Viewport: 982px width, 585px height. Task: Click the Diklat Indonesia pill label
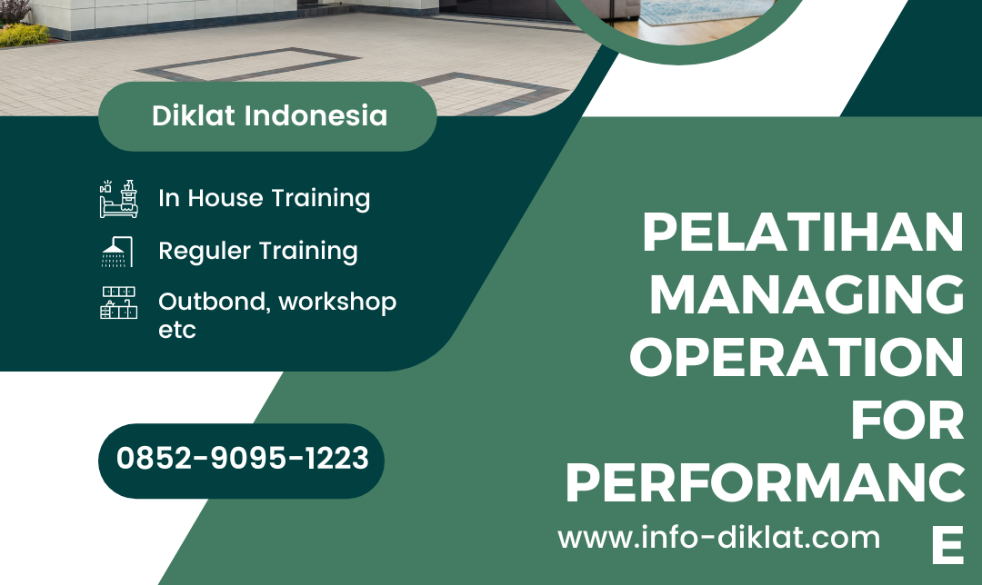tap(268, 116)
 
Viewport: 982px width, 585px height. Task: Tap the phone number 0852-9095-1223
tap(242, 459)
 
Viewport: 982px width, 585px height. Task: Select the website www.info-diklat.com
tap(718, 537)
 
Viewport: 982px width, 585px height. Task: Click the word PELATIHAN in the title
tap(802, 234)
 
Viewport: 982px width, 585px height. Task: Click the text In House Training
tap(264, 198)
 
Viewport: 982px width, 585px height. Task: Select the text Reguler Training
tap(257, 251)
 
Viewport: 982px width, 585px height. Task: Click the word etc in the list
tap(176, 330)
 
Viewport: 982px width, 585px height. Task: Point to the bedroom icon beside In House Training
tap(118, 198)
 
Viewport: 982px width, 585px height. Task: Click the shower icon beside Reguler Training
tap(117, 251)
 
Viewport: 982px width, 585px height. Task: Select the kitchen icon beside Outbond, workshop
tap(118, 302)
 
